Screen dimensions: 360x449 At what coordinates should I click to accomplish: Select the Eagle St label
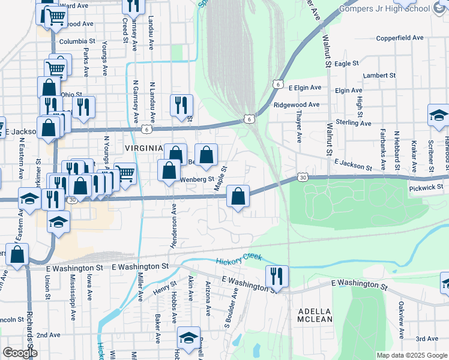(x=346, y=63)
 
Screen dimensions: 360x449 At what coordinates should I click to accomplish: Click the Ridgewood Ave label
(x=296, y=104)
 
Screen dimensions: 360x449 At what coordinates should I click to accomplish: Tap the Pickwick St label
(x=426, y=187)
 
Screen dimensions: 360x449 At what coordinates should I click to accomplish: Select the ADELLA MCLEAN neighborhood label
(x=315, y=315)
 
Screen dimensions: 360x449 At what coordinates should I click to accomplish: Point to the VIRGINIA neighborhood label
(x=143, y=148)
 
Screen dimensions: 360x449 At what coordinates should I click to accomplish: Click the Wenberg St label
(x=197, y=179)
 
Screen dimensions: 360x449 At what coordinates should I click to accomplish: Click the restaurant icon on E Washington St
(x=277, y=277)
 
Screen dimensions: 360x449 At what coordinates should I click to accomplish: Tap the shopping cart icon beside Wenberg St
(x=125, y=174)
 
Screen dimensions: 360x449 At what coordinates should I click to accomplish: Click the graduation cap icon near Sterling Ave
(x=439, y=116)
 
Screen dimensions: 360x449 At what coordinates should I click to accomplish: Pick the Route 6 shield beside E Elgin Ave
(x=277, y=85)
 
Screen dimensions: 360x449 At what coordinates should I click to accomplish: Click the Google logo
(x=20, y=353)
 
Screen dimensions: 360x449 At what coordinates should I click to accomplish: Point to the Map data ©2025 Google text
(x=411, y=355)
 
